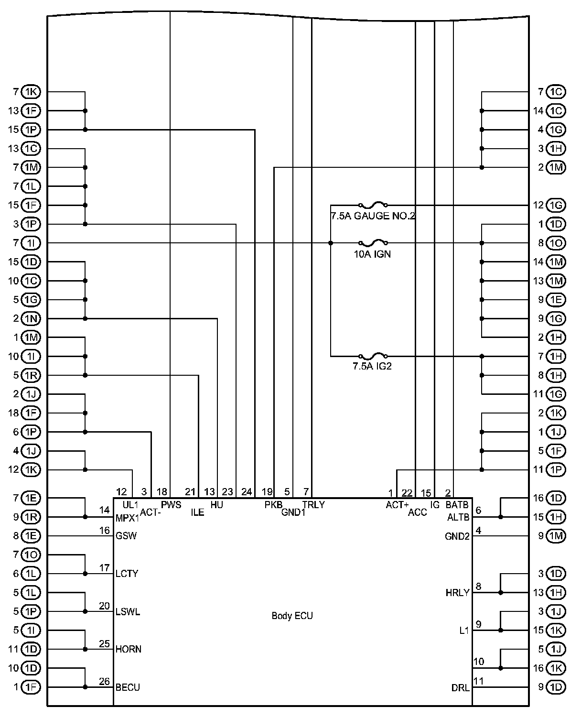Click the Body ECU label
coord(292,616)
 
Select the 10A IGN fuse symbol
coord(373,243)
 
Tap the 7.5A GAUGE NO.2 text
coord(373,216)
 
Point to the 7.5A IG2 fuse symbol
coord(373,356)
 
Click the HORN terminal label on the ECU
coord(129,649)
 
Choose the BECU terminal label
coord(128,687)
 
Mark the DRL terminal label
coord(460,688)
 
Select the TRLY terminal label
coord(313,505)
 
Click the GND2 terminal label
coord(457,536)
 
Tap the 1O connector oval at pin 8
coord(555,243)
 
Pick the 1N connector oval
coord(31,319)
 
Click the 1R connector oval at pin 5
coord(31,375)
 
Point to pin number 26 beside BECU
coord(104,682)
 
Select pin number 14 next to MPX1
coord(105,511)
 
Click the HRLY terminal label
coord(458,593)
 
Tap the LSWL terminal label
coord(128,612)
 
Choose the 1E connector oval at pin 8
coord(31,536)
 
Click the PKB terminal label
coord(273,505)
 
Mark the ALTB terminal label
coord(458,517)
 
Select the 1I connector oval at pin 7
coord(31,243)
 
